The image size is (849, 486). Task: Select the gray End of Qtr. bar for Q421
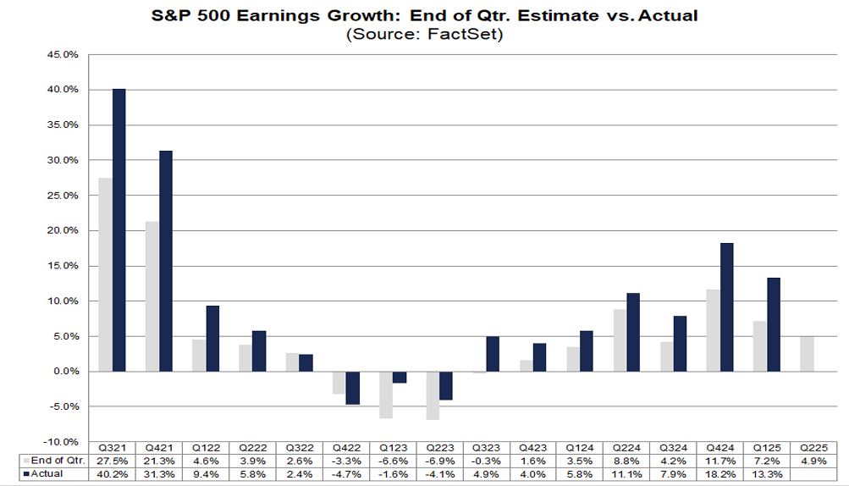[152, 296]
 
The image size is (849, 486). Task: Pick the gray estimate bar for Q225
[808, 354]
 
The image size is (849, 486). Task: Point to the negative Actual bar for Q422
[352, 388]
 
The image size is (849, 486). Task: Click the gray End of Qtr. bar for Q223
[433, 395]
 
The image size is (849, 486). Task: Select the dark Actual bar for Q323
[493, 354]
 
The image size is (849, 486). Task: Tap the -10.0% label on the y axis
[63, 442]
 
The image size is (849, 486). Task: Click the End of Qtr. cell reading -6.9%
[439, 461]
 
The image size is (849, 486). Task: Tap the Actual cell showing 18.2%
[721, 474]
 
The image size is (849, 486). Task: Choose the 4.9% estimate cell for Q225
[814, 461]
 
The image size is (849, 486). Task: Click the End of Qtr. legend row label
[57, 461]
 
